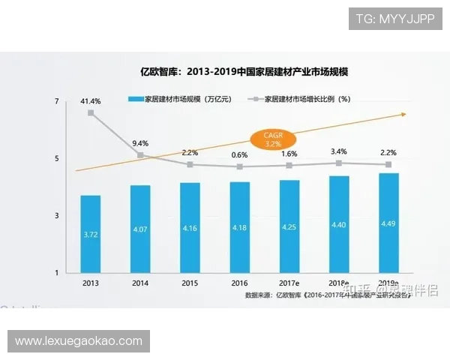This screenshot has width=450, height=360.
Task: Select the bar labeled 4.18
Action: pyautogui.click(x=240, y=226)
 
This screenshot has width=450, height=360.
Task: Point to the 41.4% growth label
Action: pyautogui.click(x=91, y=100)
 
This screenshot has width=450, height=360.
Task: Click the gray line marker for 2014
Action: pyautogui.click(x=140, y=154)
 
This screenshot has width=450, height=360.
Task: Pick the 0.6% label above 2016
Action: pyautogui.click(x=240, y=154)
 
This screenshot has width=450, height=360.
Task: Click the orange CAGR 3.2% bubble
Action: pyautogui.click(x=272, y=138)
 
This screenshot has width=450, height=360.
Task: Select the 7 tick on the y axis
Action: pyautogui.click(x=57, y=101)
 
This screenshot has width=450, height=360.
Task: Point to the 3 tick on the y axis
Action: pyautogui.click(x=57, y=215)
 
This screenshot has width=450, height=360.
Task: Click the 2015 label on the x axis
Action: pyautogui.click(x=190, y=283)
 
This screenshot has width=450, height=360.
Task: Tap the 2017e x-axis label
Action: pyautogui.click(x=289, y=283)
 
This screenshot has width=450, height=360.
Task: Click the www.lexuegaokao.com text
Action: pyautogui.click(x=78, y=341)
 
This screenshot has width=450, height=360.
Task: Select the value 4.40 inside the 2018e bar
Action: pyautogui.click(x=339, y=224)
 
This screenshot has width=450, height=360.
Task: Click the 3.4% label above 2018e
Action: pyautogui.click(x=339, y=151)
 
